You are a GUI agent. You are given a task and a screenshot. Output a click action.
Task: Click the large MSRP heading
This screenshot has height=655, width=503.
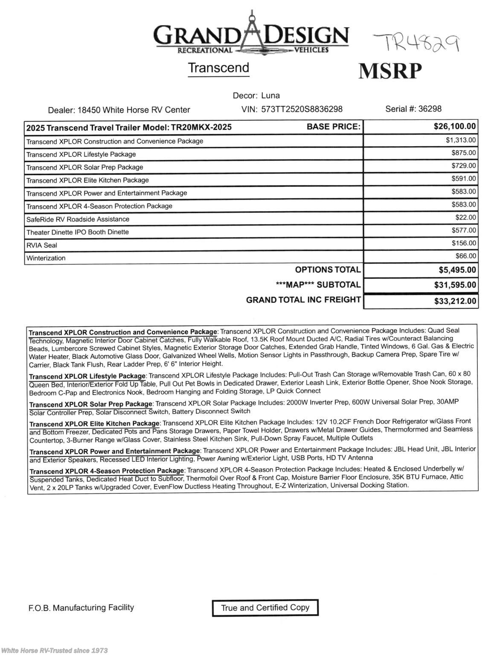[390, 71]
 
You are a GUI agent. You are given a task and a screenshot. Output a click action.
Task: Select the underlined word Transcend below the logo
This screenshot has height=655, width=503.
[218, 68]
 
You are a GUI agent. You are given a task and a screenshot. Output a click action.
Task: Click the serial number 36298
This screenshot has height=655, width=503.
[430, 109]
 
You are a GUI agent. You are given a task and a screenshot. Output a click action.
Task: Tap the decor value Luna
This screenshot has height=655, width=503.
[270, 96]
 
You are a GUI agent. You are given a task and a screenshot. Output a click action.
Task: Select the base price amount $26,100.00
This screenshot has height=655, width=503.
[454, 126]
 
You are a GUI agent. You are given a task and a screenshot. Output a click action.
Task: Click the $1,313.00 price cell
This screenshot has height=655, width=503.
[461, 140]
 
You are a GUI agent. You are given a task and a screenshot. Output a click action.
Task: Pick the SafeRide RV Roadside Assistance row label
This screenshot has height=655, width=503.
[78, 219]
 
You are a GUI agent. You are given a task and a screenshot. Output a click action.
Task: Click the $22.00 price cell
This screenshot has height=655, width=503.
[465, 217]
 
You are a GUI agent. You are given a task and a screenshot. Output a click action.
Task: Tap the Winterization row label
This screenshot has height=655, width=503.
[46, 258]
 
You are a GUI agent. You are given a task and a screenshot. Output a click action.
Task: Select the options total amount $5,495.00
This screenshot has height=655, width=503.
[457, 270]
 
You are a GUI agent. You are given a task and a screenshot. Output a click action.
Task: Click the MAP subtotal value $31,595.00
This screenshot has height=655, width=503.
[455, 285]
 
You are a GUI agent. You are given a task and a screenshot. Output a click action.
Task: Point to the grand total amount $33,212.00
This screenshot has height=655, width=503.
[455, 301]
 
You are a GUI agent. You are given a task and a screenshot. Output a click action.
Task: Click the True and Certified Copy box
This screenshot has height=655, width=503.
[265, 608]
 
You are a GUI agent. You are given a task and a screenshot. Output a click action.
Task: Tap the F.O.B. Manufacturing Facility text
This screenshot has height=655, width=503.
[81, 608]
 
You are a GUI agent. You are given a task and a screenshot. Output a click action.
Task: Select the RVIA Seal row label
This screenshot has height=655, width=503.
[42, 245]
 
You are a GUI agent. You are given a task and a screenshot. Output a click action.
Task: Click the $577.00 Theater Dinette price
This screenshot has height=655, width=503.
[464, 230]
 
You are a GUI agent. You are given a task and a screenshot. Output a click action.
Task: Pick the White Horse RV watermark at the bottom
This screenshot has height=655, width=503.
[55, 650]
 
